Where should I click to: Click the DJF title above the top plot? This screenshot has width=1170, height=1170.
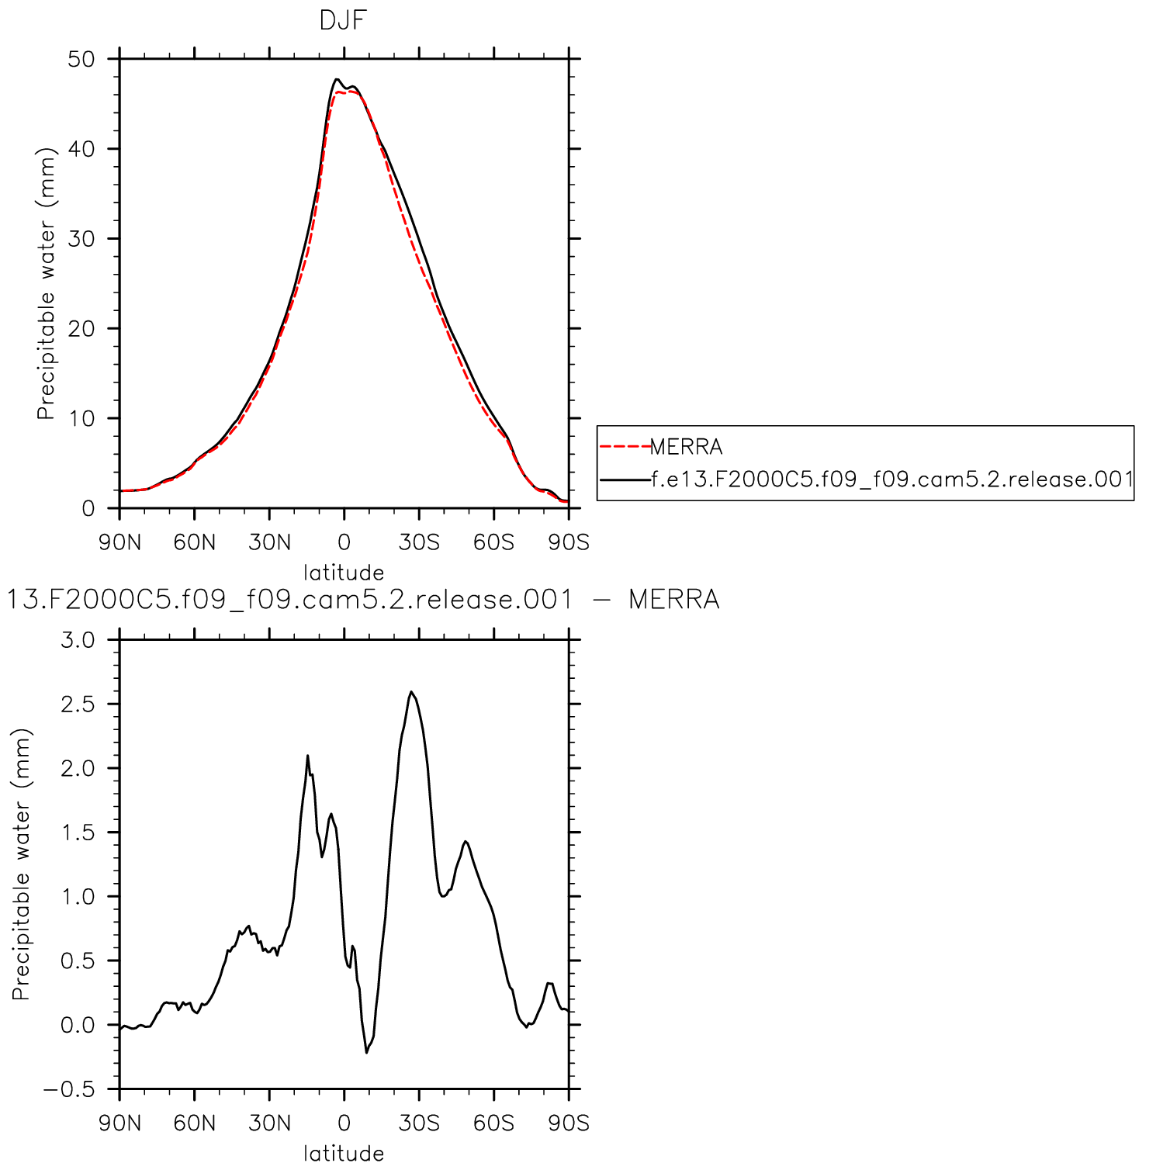(342, 20)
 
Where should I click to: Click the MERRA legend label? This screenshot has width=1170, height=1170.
(686, 447)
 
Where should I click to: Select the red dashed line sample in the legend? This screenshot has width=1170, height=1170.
(625, 447)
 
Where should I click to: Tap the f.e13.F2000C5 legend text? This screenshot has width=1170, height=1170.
(892, 479)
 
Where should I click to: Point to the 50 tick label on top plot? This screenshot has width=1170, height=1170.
(81, 59)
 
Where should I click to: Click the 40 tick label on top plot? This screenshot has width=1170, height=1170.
(81, 149)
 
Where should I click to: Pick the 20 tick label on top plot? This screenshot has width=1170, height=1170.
(81, 329)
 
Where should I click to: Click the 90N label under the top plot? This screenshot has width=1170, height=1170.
(119, 542)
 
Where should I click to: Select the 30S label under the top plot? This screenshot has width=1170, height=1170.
(419, 542)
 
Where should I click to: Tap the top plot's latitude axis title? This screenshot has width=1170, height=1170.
(344, 573)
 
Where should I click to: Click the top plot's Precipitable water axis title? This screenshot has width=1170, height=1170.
(47, 284)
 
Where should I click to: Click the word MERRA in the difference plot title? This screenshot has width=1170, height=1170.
(673, 600)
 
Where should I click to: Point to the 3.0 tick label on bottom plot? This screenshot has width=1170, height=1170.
(78, 640)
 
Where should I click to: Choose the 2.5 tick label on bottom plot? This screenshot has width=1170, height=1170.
(78, 704)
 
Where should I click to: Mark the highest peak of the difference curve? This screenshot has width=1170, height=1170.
(411, 692)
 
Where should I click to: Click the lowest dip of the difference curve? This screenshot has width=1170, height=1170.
(366, 1052)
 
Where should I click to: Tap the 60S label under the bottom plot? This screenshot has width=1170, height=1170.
(493, 1123)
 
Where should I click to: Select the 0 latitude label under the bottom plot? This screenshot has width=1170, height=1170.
(344, 1123)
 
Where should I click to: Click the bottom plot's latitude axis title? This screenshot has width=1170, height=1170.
(344, 1154)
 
